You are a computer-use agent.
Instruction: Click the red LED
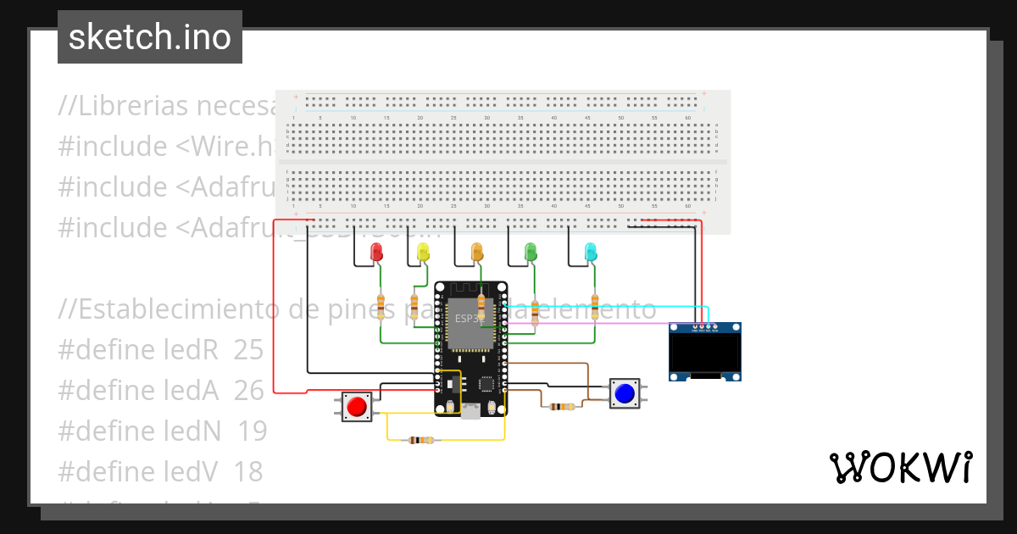pyautogui.click(x=377, y=251)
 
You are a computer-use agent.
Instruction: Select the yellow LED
pyautogui.click(x=424, y=251)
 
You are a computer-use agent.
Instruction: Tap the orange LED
pyautogui.click(x=477, y=251)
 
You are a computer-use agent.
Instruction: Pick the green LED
pyautogui.click(x=531, y=251)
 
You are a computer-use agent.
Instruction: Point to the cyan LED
pyautogui.click(x=591, y=251)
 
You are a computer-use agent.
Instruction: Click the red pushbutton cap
pyautogui.click(x=356, y=406)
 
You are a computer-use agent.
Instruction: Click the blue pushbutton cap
pyautogui.click(x=625, y=393)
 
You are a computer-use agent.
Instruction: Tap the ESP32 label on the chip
pyautogui.click(x=467, y=319)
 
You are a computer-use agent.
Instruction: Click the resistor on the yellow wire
pyautogui.click(x=421, y=440)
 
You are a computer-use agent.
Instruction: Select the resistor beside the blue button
pyautogui.click(x=561, y=406)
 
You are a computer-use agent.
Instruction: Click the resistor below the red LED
pyautogui.click(x=381, y=306)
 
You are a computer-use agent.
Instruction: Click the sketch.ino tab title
pyautogui.click(x=150, y=37)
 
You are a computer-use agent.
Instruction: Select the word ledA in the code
pyautogui.click(x=190, y=391)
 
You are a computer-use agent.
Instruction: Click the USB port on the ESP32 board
pyautogui.click(x=470, y=410)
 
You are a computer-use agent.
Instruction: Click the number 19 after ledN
pyautogui.click(x=252, y=431)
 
